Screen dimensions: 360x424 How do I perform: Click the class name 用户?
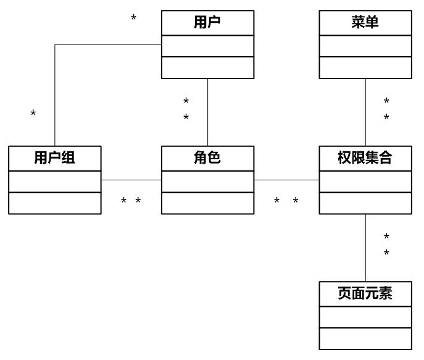click(207, 23)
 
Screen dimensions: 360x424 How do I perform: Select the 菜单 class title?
click(365, 23)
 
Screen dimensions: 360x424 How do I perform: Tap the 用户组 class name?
click(55, 158)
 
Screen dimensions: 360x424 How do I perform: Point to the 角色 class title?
click(207, 158)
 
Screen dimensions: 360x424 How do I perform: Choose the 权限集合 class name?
click(365, 158)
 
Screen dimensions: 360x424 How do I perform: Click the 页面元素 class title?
click(365, 294)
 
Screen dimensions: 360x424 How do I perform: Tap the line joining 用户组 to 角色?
click(131, 180)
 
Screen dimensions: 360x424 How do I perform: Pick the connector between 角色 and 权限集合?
click(286, 180)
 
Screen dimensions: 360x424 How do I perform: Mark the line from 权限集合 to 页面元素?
click(365, 247)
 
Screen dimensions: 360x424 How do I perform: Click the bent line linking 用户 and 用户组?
click(56, 93)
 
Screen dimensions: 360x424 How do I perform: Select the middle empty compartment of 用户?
click(207, 46)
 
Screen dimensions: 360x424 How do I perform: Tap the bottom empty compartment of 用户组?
click(55, 203)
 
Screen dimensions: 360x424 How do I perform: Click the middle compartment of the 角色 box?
click(207, 182)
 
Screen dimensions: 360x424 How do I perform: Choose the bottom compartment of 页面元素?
click(365, 339)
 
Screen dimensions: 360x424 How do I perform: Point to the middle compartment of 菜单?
click(365, 46)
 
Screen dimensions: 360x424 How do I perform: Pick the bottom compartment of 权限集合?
click(365, 203)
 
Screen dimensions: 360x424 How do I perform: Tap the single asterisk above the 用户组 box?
click(33, 114)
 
